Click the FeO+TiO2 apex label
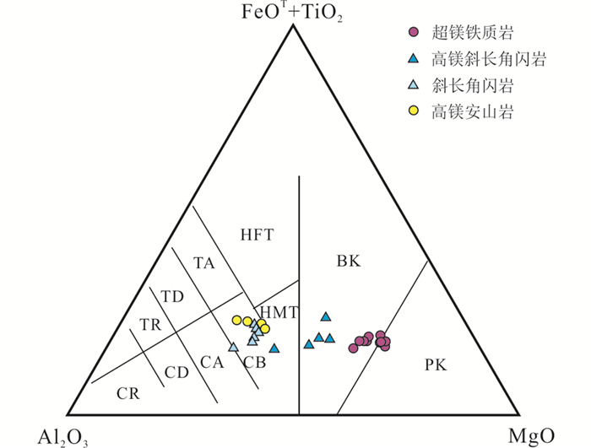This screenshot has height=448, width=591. click(292, 13)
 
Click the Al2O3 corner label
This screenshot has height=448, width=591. click(63, 436)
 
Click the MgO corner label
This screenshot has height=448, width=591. click(531, 435)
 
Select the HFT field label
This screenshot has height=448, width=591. click(258, 235)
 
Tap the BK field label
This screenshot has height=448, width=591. click(349, 262)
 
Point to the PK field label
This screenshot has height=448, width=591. click(435, 365)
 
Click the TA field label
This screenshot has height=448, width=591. click(204, 263)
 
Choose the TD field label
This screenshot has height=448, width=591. click(172, 296)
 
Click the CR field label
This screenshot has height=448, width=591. click(128, 393)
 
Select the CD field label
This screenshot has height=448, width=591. click(176, 371)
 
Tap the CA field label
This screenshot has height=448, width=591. click(211, 363)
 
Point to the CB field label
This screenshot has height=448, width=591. click(254, 363)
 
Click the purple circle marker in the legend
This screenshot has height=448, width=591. click(413, 33)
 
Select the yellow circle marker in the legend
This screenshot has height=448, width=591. click(413, 111)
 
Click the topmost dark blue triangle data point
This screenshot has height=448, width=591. click(326, 317)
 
